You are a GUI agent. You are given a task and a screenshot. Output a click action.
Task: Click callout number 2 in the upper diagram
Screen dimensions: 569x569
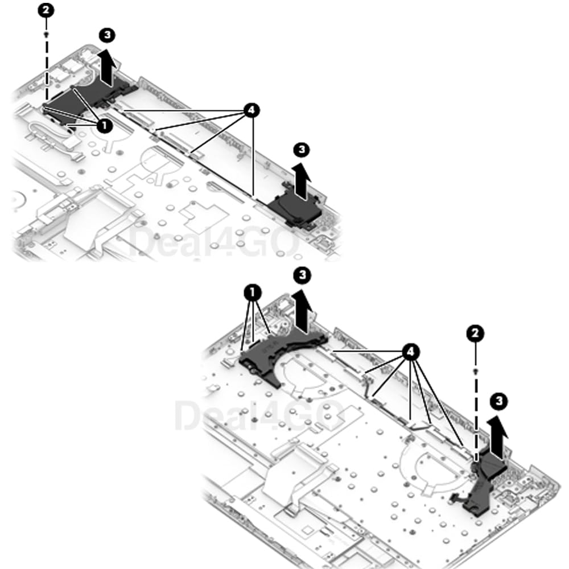46,10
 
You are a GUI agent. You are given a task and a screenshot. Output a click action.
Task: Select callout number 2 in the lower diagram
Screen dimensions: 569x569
475,333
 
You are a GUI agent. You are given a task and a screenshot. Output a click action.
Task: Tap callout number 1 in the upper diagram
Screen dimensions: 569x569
105,126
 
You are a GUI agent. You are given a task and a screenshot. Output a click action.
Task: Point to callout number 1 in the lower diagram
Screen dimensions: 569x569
253,292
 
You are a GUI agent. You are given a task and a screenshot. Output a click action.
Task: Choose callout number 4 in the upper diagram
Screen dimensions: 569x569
251,110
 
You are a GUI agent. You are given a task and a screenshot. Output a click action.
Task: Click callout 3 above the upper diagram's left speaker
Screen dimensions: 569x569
107,35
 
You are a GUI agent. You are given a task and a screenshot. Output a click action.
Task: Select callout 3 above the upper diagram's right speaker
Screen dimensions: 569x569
301,150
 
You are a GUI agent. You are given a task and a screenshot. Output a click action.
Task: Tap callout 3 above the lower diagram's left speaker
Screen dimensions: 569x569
302,275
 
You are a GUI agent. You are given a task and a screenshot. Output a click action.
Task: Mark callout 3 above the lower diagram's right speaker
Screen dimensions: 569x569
499,401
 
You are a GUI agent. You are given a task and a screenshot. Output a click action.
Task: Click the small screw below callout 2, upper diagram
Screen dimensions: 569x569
46,35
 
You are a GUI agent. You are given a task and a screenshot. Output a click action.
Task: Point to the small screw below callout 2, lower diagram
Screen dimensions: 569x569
476,371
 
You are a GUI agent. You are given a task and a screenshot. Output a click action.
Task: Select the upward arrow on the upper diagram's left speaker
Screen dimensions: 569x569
108,69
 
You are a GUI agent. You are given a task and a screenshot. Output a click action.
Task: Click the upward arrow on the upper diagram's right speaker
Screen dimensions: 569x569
302,181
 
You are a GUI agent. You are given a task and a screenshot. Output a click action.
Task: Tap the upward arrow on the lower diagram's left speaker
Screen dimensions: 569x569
302,311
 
